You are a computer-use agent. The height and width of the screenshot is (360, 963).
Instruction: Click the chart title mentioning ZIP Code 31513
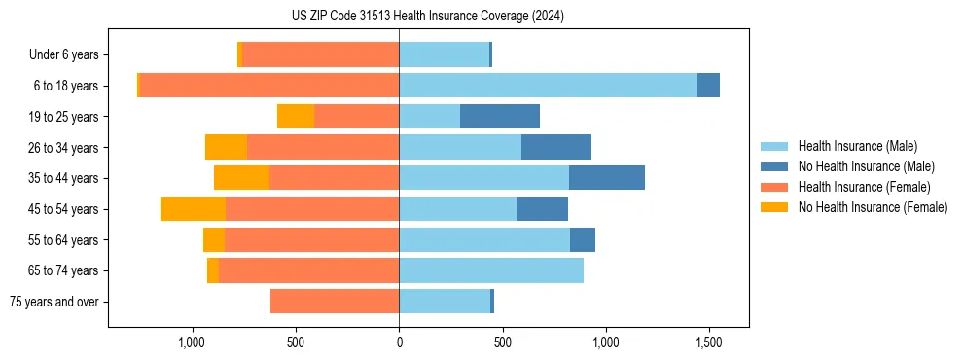pyautogui.click(x=428, y=17)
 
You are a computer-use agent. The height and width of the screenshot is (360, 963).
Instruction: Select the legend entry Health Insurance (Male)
pyautogui.click(x=857, y=146)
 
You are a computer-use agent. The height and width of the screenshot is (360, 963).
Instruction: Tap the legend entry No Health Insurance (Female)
pyautogui.click(x=873, y=207)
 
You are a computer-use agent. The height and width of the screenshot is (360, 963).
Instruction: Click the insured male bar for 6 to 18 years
pyautogui.click(x=548, y=86)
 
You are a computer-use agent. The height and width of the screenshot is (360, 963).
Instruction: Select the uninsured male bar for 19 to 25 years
pyautogui.click(x=500, y=117)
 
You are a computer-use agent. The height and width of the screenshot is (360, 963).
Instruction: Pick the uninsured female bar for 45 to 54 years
pyautogui.click(x=193, y=209)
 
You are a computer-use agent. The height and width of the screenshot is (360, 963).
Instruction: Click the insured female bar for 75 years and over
pyautogui.click(x=335, y=302)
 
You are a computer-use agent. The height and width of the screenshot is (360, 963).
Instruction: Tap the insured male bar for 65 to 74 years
pyautogui.click(x=491, y=270)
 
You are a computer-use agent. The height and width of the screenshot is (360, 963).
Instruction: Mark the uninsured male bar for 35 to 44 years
pyautogui.click(x=607, y=178)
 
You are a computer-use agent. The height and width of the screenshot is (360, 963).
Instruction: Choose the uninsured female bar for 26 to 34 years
pyautogui.click(x=226, y=148)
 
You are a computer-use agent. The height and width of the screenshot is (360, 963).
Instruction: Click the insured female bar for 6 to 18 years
pyautogui.click(x=269, y=86)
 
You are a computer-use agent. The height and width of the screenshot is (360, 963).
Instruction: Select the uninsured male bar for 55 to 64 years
pyautogui.click(x=583, y=240)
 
